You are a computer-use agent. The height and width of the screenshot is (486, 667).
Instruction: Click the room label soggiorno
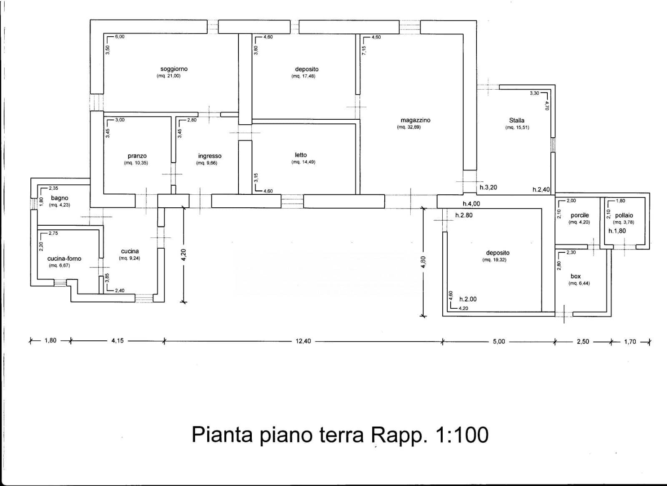(174, 69)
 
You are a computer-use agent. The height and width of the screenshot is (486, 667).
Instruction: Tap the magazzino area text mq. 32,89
(409, 127)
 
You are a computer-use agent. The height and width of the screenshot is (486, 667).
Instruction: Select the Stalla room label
(517, 120)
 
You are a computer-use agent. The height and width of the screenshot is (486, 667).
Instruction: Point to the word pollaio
(624, 215)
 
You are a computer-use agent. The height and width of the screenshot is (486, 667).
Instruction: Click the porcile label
(579, 215)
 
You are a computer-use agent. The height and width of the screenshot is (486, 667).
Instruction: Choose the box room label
(575, 276)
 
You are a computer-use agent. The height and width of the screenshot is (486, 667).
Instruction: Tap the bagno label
(60, 198)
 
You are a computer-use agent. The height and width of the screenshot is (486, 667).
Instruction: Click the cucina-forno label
(64, 259)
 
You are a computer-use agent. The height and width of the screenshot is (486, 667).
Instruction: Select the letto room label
(301, 155)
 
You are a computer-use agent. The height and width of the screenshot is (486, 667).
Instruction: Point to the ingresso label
(210, 156)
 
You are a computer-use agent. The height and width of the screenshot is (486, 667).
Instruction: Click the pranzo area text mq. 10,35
(136, 163)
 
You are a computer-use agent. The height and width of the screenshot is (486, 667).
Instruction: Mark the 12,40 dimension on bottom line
(303, 341)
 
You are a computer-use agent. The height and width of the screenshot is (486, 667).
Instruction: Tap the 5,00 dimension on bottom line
(499, 341)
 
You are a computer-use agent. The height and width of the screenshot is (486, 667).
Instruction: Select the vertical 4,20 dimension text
(184, 254)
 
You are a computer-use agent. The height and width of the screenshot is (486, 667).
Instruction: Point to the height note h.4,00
(471, 204)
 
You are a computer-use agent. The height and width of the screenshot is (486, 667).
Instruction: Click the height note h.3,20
(488, 187)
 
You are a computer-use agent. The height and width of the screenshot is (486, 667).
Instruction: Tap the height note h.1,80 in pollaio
(617, 231)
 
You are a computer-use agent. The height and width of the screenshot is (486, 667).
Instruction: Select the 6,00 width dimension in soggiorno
(120, 37)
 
